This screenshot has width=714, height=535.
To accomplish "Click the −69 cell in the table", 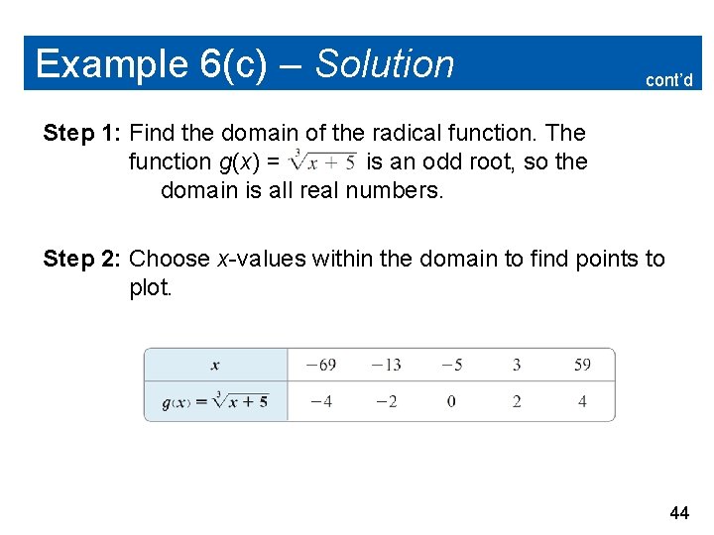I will (x=320, y=365).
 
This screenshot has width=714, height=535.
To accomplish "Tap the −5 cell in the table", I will (x=450, y=365).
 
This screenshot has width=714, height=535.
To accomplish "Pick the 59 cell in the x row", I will (x=582, y=365).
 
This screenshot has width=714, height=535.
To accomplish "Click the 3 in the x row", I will (x=517, y=365).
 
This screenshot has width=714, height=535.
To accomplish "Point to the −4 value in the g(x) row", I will (x=320, y=401).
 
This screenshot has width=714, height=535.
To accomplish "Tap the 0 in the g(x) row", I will (x=451, y=401).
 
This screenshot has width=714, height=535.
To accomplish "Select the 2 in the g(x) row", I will (x=517, y=401).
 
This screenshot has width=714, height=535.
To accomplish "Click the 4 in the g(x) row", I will (x=582, y=401).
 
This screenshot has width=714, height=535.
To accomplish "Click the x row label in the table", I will (x=215, y=365).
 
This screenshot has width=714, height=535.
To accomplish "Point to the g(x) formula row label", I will (x=215, y=401).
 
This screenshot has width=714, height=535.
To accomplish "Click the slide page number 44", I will (x=679, y=512).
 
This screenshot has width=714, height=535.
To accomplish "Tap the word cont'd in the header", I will (x=668, y=80).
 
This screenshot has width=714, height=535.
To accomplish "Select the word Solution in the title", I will (x=385, y=64).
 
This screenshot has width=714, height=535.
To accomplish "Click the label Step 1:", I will (x=82, y=133).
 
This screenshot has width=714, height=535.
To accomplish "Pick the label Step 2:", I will (x=82, y=260).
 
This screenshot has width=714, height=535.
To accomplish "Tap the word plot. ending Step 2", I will (x=151, y=288).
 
